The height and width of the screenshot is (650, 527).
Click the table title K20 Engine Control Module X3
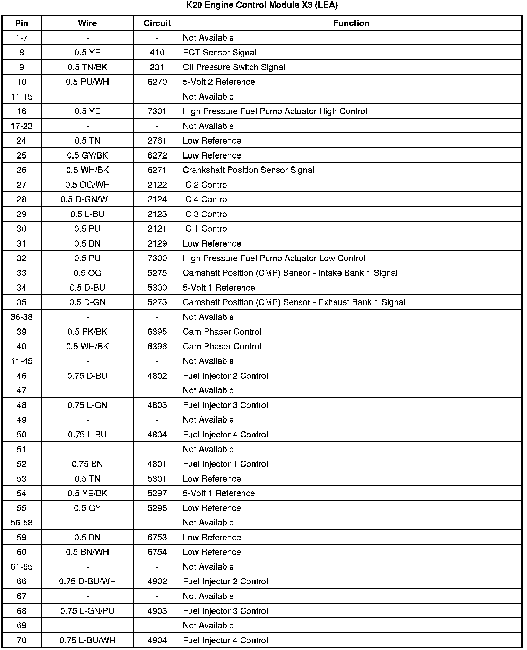coord(262,5)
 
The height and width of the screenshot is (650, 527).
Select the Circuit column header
coord(157,23)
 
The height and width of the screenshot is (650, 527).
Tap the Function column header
coord(351,23)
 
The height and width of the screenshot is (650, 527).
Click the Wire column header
coord(87,23)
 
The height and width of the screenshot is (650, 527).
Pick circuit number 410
coord(157,53)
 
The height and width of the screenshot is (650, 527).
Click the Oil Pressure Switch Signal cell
coord(234,67)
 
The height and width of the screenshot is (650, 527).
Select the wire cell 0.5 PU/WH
coord(87,82)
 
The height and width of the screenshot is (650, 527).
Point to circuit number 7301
coord(157,111)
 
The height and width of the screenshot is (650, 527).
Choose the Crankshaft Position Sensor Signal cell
coord(248,170)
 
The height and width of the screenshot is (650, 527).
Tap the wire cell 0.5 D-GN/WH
coord(87,199)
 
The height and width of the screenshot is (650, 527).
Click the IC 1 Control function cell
coord(206,229)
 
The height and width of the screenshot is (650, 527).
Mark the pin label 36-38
coord(21,317)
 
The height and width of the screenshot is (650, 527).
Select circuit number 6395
coord(157,332)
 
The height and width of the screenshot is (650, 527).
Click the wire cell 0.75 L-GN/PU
coord(87,611)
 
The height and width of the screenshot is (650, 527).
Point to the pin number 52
coord(21,464)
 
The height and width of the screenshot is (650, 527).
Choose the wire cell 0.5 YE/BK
coord(87,493)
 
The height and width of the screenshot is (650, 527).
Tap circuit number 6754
coord(157,552)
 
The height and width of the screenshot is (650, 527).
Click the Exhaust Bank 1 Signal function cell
coord(294,302)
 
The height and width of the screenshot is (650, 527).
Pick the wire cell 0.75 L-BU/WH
coord(87,640)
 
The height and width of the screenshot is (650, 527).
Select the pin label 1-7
coord(21,38)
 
